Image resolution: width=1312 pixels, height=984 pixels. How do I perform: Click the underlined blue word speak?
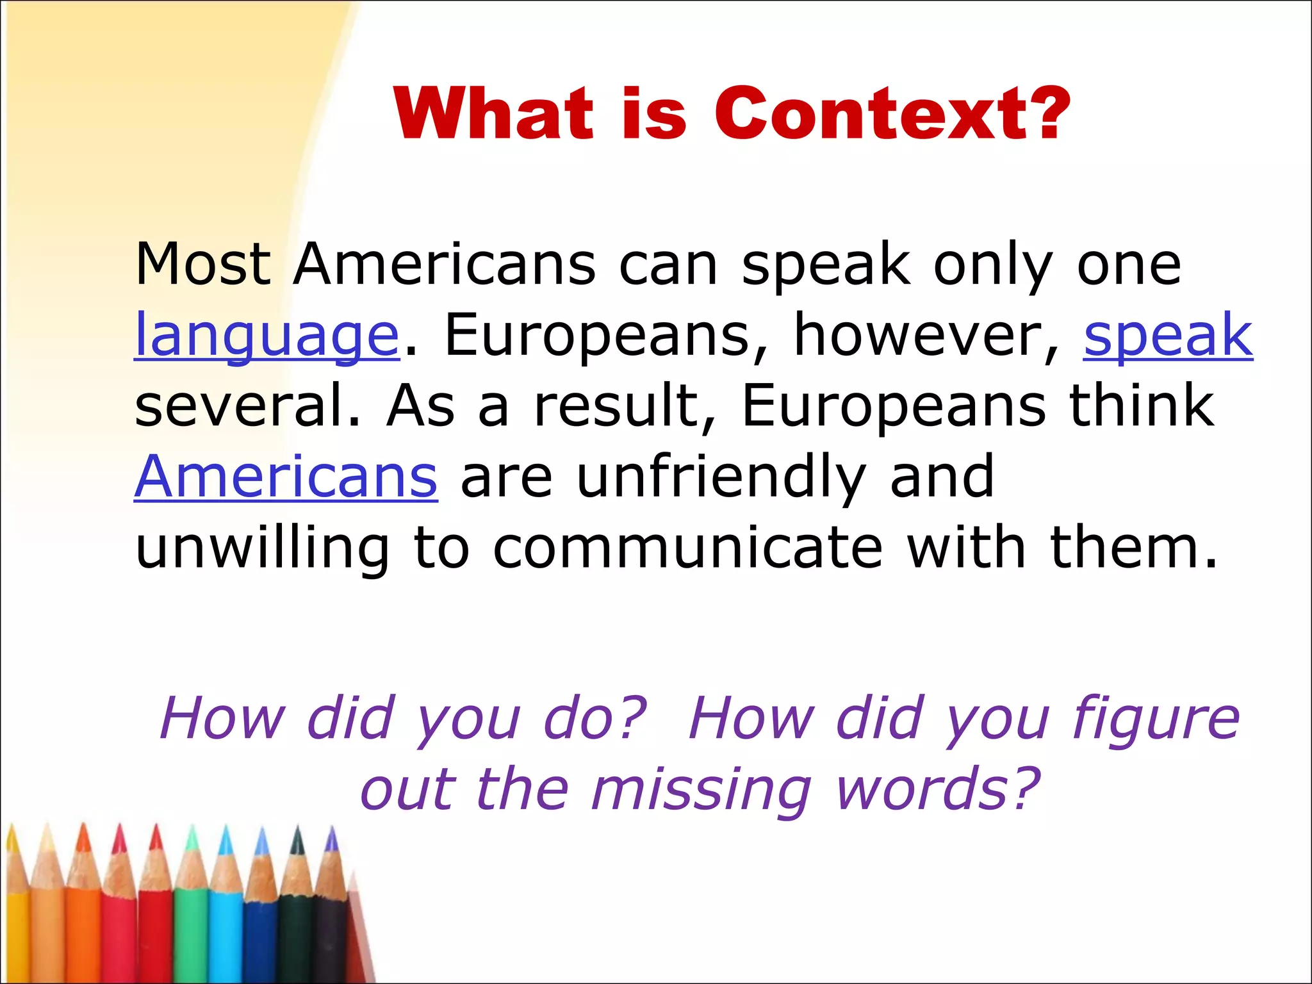coord(1168,335)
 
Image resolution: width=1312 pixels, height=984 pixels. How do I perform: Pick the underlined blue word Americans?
coord(286,476)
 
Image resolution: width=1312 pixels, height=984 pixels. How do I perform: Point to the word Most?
coord(202,264)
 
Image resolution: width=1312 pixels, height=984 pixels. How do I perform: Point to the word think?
coord(1141,405)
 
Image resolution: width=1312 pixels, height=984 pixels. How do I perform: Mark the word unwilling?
coord(262,549)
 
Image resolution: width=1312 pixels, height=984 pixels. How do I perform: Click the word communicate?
coord(688,548)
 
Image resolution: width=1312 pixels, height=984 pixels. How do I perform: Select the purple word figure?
coord(1156,719)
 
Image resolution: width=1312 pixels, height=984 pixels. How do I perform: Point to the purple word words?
coord(938,789)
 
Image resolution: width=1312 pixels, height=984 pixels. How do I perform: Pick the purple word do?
coord(595,719)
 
